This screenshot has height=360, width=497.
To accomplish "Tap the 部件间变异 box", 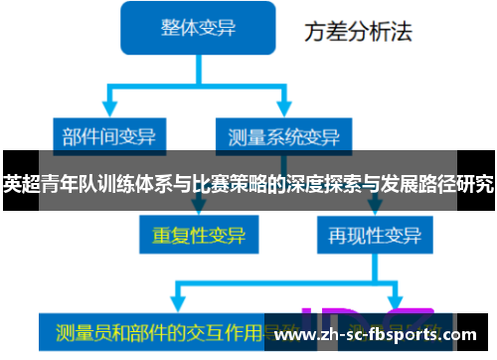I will (108, 135).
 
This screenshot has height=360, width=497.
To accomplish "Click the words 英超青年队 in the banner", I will (45, 184).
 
